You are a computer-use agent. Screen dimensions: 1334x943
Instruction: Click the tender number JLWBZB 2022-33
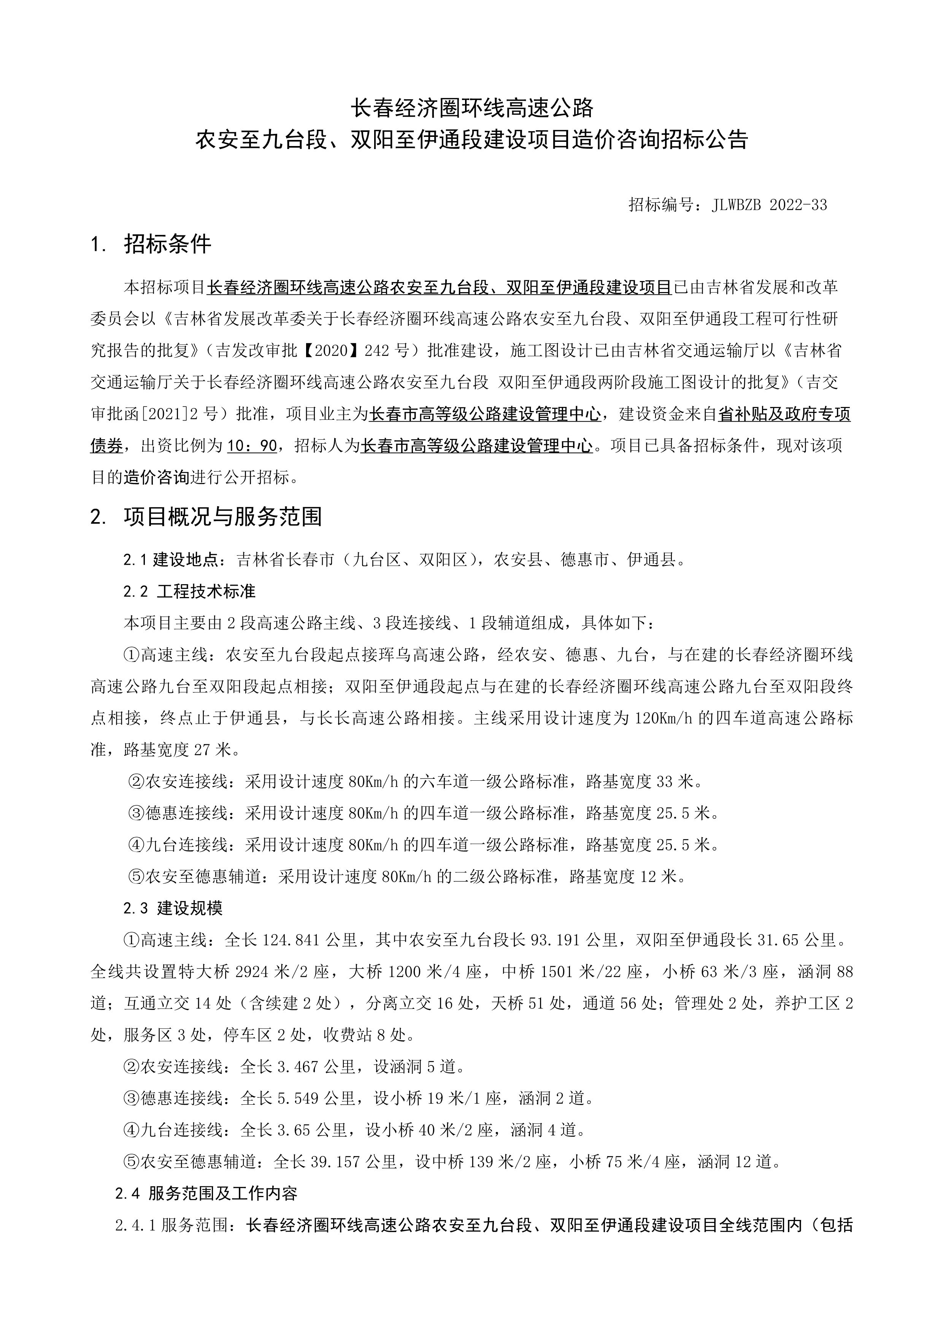tap(769, 205)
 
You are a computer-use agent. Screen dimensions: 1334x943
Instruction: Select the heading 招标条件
tap(167, 244)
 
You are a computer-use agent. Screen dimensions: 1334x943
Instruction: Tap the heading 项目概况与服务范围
tap(222, 516)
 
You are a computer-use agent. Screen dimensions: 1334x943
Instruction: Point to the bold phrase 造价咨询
tap(157, 478)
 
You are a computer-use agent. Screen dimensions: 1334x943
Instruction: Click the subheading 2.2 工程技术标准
tap(189, 591)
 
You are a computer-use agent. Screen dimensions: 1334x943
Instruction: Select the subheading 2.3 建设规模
tap(173, 908)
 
